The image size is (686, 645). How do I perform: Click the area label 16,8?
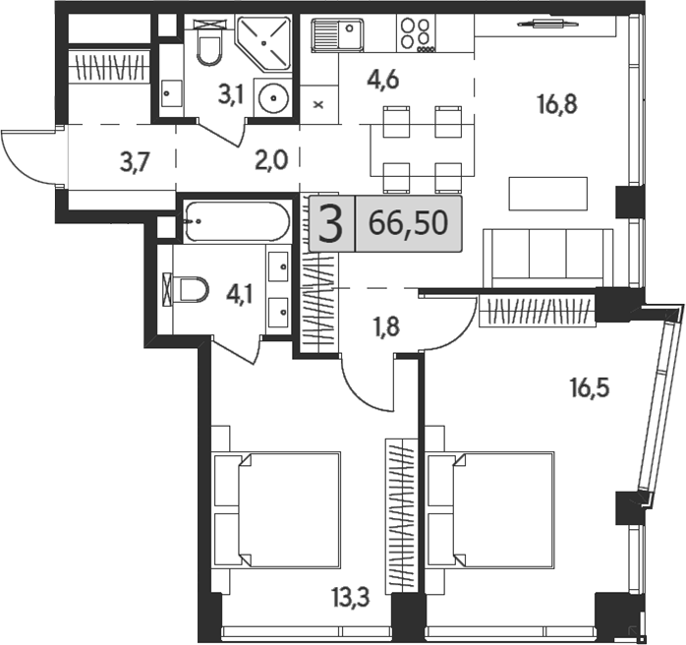(557, 105)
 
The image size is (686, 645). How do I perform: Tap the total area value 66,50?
(408, 223)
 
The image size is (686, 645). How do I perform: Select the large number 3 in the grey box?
(330, 224)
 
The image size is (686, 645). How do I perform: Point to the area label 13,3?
(351, 598)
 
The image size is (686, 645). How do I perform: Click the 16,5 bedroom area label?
(590, 387)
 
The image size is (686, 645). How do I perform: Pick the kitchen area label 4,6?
(383, 81)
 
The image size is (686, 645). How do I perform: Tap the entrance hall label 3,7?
(136, 163)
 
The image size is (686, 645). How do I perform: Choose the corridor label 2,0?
(271, 160)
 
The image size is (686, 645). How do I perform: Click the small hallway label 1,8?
(387, 326)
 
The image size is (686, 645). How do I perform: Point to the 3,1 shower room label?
(231, 95)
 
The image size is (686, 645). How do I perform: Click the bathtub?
(237, 221)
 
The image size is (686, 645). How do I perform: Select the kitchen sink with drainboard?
(337, 35)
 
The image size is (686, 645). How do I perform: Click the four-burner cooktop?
(417, 33)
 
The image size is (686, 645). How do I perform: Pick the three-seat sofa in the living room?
(548, 259)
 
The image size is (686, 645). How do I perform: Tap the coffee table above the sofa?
(547, 194)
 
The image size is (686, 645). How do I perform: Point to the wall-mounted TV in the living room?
(541, 24)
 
